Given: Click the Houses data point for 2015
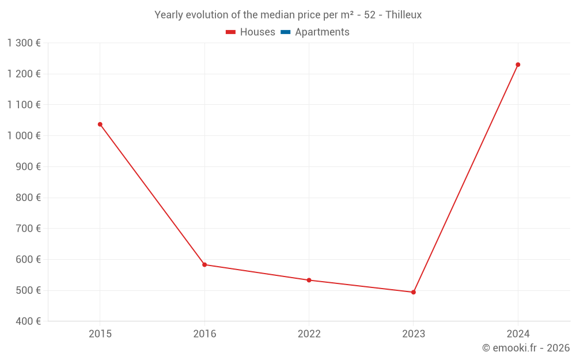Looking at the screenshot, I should [100, 124].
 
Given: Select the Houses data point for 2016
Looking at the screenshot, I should [204, 265].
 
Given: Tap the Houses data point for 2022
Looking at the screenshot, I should [309, 280].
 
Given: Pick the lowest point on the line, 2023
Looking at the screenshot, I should [414, 292].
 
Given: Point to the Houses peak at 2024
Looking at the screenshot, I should [518, 65].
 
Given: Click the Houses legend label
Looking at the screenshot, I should [257, 32].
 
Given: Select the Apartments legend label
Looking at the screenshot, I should [322, 32].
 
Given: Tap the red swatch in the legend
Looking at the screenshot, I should [231, 32].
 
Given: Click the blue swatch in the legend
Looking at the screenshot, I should [285, 32].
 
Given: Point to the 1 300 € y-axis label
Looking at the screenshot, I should [24, 43].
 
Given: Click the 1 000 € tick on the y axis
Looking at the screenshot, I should [24, 135].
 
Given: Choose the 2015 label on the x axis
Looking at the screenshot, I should [100, 334].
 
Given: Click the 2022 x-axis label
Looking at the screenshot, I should [309, 334].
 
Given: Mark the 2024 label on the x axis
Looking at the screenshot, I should [518, 334].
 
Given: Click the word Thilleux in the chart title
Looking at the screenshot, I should [403, 15].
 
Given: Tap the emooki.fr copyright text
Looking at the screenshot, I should [526, 348].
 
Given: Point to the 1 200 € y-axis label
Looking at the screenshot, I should [24, 74].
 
